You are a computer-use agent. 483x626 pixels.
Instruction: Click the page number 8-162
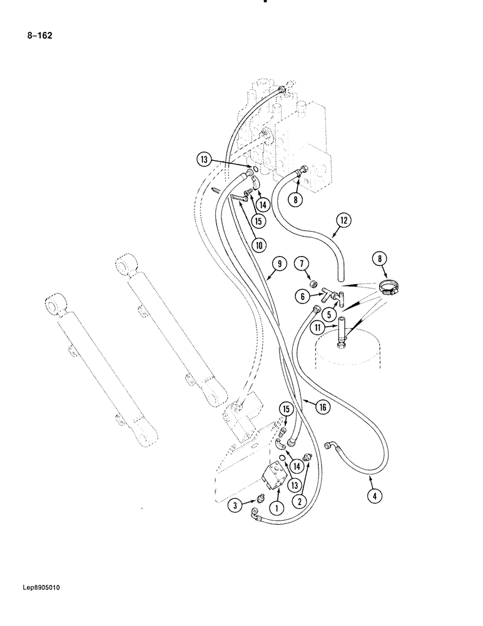point(39,36)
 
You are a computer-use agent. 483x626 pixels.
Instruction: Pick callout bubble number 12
point(343,220)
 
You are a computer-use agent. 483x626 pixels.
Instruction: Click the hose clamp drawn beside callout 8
point(387,287)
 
